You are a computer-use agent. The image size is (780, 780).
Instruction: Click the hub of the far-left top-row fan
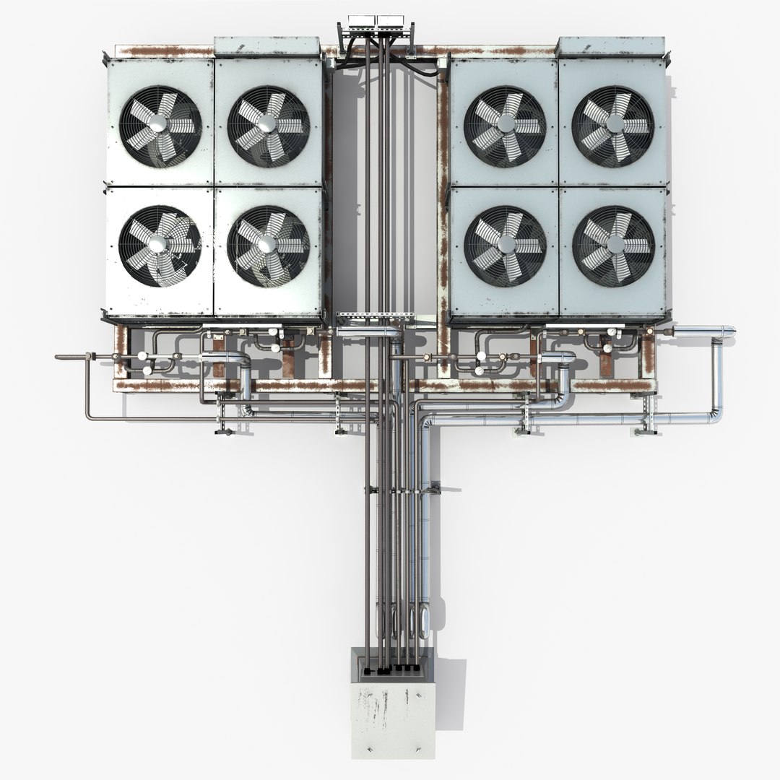pyautogui.click(x=160, y=126)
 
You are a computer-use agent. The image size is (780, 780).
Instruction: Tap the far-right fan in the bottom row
pyautogui.click(x=612, y=246)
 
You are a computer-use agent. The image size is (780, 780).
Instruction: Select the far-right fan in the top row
pyautogui.click(x=612, y=126)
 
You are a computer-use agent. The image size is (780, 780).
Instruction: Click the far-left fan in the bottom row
pyautogui.click(x=160, y=246)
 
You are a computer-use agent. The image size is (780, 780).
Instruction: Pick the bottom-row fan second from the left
pyautogui.click(x=268, y=246)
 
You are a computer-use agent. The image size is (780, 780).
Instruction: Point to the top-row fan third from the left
pyautogui.click(x=505, y=126)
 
